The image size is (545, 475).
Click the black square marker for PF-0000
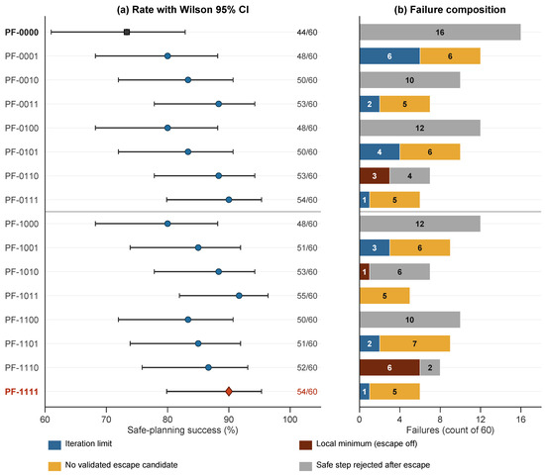coord(127,32)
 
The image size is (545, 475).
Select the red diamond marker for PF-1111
coord(229,391)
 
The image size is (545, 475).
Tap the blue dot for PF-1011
coord(239,296)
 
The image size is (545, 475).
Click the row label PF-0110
coord(22,176)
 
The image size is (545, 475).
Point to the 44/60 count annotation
coord(307,33)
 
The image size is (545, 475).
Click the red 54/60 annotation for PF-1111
coord(307,392)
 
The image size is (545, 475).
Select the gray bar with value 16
coord(440,32)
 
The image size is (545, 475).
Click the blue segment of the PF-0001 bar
coord(389,55)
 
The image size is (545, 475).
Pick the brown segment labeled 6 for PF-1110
coord(389,367)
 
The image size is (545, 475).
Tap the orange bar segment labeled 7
coord(414,343)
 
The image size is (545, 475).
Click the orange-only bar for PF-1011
coord(384,296)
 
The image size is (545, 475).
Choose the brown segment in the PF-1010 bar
coord(365,271)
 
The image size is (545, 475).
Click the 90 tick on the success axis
coord(229,420)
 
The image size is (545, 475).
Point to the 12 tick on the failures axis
coord(481,420)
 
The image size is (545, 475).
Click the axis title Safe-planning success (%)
coord(182,430)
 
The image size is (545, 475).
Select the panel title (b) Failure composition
coord(450,9)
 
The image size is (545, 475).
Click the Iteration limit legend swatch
coord(54,444)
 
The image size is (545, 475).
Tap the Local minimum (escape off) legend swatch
coord(305,444)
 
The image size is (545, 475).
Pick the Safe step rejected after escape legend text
coord(373,465)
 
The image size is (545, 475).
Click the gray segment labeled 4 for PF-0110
coord(410,176)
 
